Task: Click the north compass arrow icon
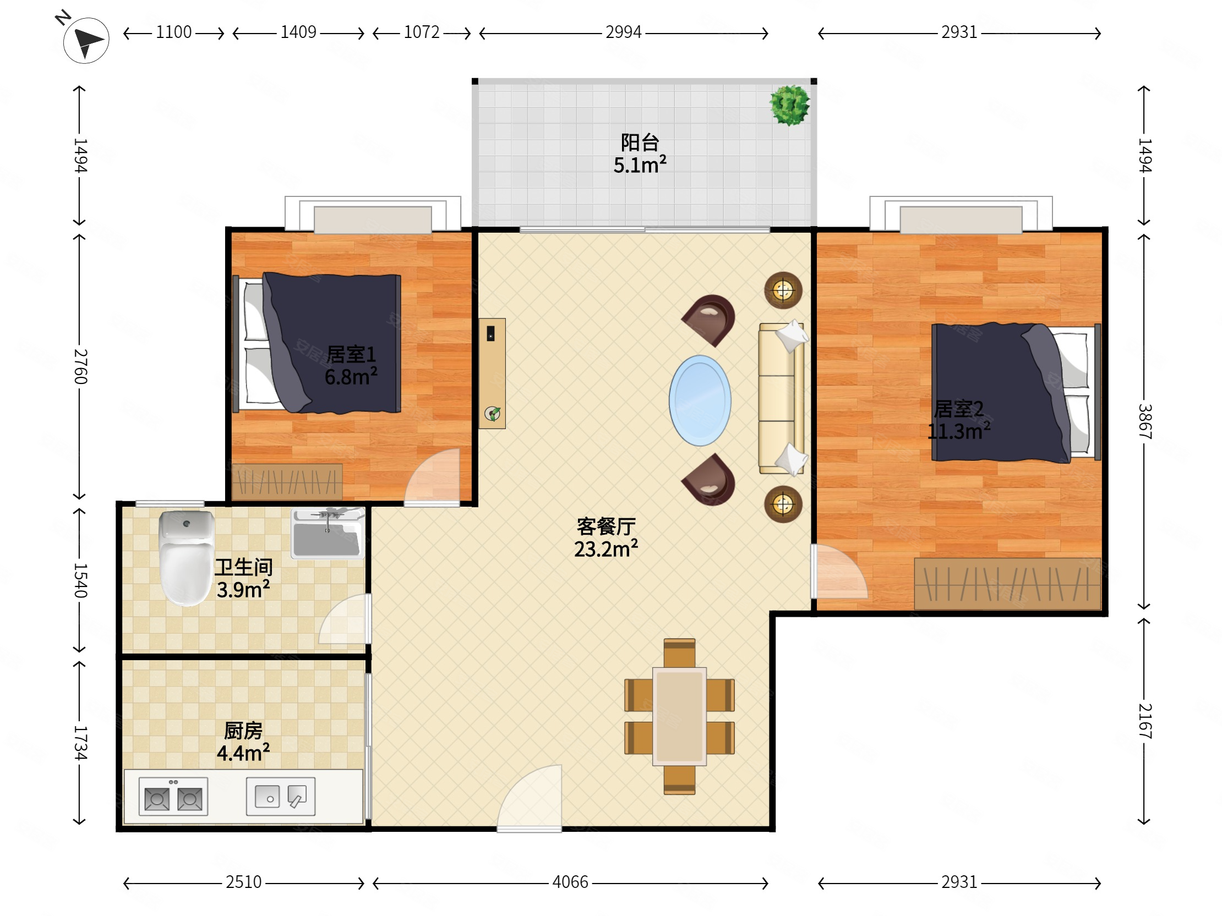[86, 40]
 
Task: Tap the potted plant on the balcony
[790, 105]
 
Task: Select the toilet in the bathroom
[186, 558]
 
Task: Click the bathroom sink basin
[328, 533]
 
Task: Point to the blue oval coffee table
[700, 401]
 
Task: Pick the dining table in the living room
[679, 716]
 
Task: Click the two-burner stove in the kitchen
[173, 796]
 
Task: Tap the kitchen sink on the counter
[281, 796]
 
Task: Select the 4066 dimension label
[570, 882]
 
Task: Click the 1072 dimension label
[422, 32]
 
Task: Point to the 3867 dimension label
[1144, 421]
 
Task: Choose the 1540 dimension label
[81, 580]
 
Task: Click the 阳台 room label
[640, 142]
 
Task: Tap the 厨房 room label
[243, 731]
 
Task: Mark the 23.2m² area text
[606, 549]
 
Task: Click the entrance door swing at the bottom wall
[529, 797]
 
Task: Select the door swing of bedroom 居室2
[838, 572]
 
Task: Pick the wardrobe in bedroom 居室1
[287, 481]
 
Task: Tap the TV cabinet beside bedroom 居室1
[492, 373]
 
